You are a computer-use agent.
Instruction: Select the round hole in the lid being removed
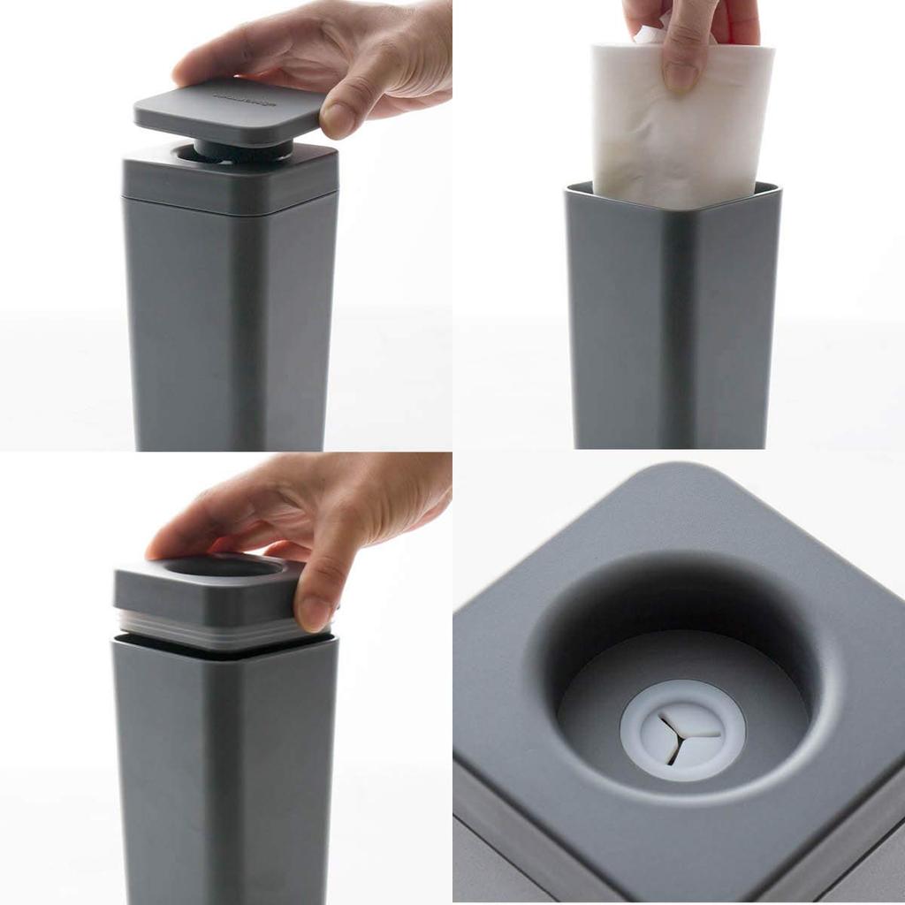click(x=212, y=566)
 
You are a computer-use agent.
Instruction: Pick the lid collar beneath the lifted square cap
click(x=230, y=181)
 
